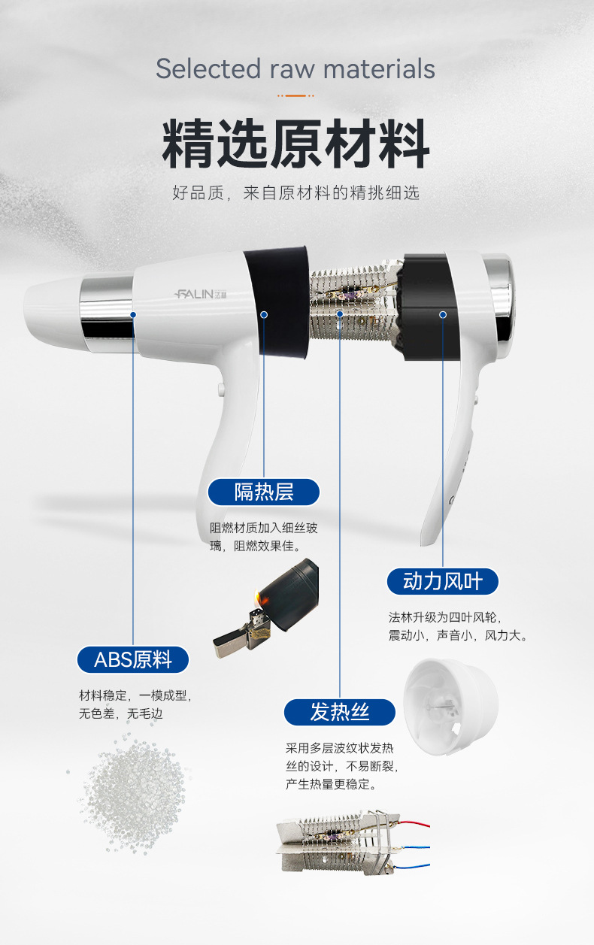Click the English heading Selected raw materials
295,69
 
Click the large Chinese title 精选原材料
295,144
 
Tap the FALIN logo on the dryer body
201,294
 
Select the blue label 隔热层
264,492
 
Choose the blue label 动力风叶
443,581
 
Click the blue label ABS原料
133,660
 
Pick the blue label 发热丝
340,712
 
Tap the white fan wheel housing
450,706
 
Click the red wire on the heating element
414,823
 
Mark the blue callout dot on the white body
133,315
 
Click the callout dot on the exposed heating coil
340,314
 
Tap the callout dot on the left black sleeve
264,315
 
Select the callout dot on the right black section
443,315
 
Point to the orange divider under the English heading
295,95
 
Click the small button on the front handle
220,389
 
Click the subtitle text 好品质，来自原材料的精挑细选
295,192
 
